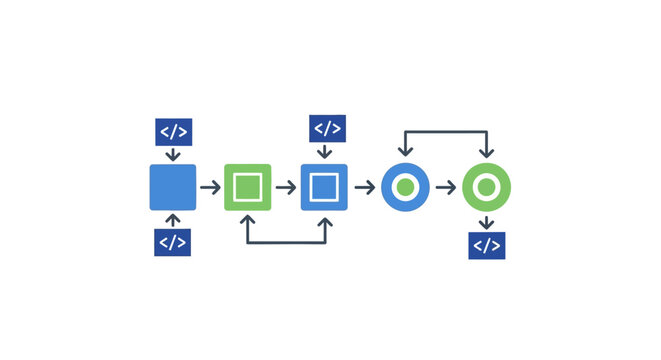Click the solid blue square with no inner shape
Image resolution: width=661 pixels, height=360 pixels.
(173, 187)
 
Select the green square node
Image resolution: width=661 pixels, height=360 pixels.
(247, 187)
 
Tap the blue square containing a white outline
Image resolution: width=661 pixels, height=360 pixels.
(324, 187)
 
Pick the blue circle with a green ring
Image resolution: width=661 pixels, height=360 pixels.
(405, 187)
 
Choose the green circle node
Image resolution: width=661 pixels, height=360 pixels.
(486, 187)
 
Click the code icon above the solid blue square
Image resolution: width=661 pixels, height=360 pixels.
(173, 132)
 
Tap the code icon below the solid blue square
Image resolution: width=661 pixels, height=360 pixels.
(172, 242)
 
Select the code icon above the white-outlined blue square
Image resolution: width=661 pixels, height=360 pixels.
(327, 129)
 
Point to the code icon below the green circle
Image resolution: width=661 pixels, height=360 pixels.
(487, 245)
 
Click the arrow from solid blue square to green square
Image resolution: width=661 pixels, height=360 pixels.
(210, 187)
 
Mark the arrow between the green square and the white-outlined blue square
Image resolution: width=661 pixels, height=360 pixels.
(286, 187)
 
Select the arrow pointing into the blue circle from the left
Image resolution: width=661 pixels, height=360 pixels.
(365, 187)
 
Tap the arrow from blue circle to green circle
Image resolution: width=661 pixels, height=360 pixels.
(446, 187)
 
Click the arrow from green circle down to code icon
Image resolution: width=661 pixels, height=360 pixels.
(486, 221)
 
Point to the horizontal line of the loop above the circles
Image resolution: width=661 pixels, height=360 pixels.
(445, 131)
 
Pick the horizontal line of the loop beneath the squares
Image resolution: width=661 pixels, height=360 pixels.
(286, 242)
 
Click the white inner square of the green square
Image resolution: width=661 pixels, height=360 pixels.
(247, 187)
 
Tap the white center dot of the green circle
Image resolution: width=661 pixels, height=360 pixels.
(486, 187)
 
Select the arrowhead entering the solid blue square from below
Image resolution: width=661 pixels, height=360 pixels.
(173, 217)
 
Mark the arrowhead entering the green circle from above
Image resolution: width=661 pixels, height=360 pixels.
(486, 154)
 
